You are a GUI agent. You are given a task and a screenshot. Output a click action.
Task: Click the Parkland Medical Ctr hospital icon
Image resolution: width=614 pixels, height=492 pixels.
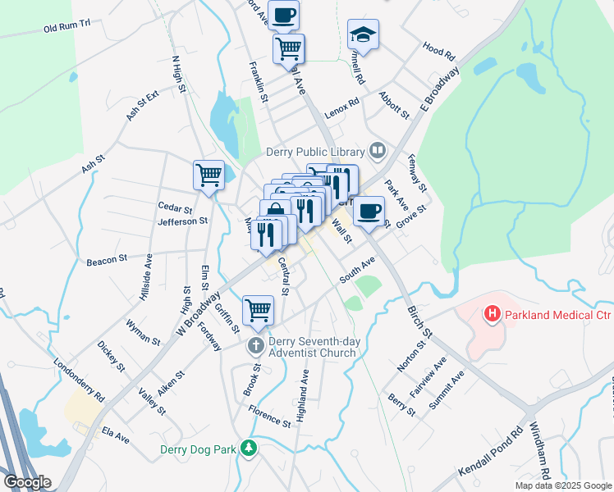[492, 313]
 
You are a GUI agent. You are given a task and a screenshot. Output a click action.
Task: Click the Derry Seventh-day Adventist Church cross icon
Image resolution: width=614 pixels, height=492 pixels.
[255, 345]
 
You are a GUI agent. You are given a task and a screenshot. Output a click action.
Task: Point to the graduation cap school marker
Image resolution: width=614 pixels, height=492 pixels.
[363, 34]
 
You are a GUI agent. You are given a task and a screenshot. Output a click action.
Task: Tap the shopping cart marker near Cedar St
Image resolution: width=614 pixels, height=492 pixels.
[208, 174]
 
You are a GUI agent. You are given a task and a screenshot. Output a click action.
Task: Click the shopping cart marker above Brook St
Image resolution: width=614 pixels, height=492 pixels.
[258, 310]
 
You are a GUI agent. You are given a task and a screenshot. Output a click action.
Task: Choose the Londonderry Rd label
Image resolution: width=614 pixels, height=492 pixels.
[80, 380]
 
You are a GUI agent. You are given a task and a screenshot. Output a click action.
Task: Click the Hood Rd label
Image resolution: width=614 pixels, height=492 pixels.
[439, 52]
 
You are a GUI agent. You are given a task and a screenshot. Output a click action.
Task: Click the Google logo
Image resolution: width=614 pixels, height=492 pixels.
[26, 482]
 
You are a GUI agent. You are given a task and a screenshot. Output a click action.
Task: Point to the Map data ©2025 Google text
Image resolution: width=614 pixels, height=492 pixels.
[562, 485]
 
